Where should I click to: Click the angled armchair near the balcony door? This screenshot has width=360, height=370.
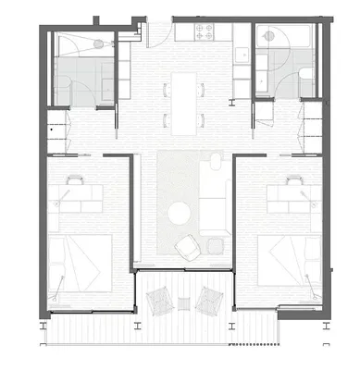[x=188, y=246]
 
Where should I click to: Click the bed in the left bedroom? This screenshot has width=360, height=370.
[x=81, y=261]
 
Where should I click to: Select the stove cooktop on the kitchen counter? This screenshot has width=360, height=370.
[x=205, y=33]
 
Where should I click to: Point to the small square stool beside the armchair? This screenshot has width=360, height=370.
[x=215, y=245]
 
